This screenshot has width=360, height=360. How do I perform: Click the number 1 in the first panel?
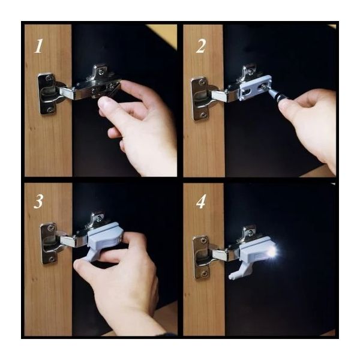38,46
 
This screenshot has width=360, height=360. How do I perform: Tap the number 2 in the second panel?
201,46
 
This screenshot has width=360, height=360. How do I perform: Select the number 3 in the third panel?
38,202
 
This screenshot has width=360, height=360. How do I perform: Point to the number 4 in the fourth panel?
201,202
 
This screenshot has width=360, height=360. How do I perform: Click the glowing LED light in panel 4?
272,253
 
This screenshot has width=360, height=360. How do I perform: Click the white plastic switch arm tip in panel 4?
231,277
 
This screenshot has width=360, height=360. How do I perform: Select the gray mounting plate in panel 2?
255,88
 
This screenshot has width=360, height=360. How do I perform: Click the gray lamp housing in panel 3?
105,235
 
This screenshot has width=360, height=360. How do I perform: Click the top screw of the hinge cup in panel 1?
49,77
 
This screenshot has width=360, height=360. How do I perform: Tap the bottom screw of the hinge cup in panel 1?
50,110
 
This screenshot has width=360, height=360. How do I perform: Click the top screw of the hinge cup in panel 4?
203,241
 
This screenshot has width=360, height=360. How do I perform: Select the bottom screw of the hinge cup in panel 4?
204,274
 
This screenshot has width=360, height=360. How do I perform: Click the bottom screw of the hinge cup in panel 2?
203,115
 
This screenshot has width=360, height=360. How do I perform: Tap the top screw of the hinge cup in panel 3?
50,228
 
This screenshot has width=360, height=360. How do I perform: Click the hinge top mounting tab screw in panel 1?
100,72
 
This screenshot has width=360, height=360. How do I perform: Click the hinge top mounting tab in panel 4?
248,232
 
